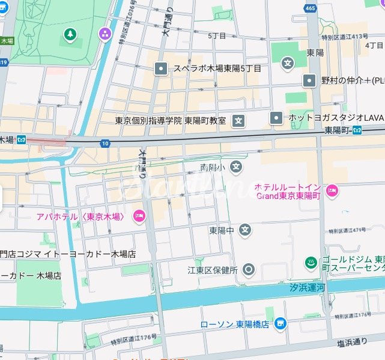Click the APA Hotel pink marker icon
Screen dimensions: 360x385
(x=139, y=216)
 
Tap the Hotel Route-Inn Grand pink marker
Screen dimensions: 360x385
(x=333, y=192)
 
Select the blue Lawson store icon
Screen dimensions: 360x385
(x=280, y=325)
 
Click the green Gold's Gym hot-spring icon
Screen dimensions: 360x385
(x=311, y=263)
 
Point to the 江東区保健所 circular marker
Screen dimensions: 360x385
(x=249, y=270)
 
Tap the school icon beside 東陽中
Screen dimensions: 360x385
(x=245, y=230)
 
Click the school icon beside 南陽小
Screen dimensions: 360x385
(x=237, y=166)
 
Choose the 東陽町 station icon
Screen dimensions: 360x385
(x=357, y=130)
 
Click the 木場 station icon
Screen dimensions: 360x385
(x=22, y=139)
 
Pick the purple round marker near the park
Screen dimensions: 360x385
(x=106, y=33)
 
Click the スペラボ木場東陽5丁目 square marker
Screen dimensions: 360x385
(x=161, y=69)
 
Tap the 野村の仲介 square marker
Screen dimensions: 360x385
(x=309, y=80)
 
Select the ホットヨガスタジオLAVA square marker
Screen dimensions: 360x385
(x=276, y=117)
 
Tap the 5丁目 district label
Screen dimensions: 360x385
(x=217, y=36)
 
